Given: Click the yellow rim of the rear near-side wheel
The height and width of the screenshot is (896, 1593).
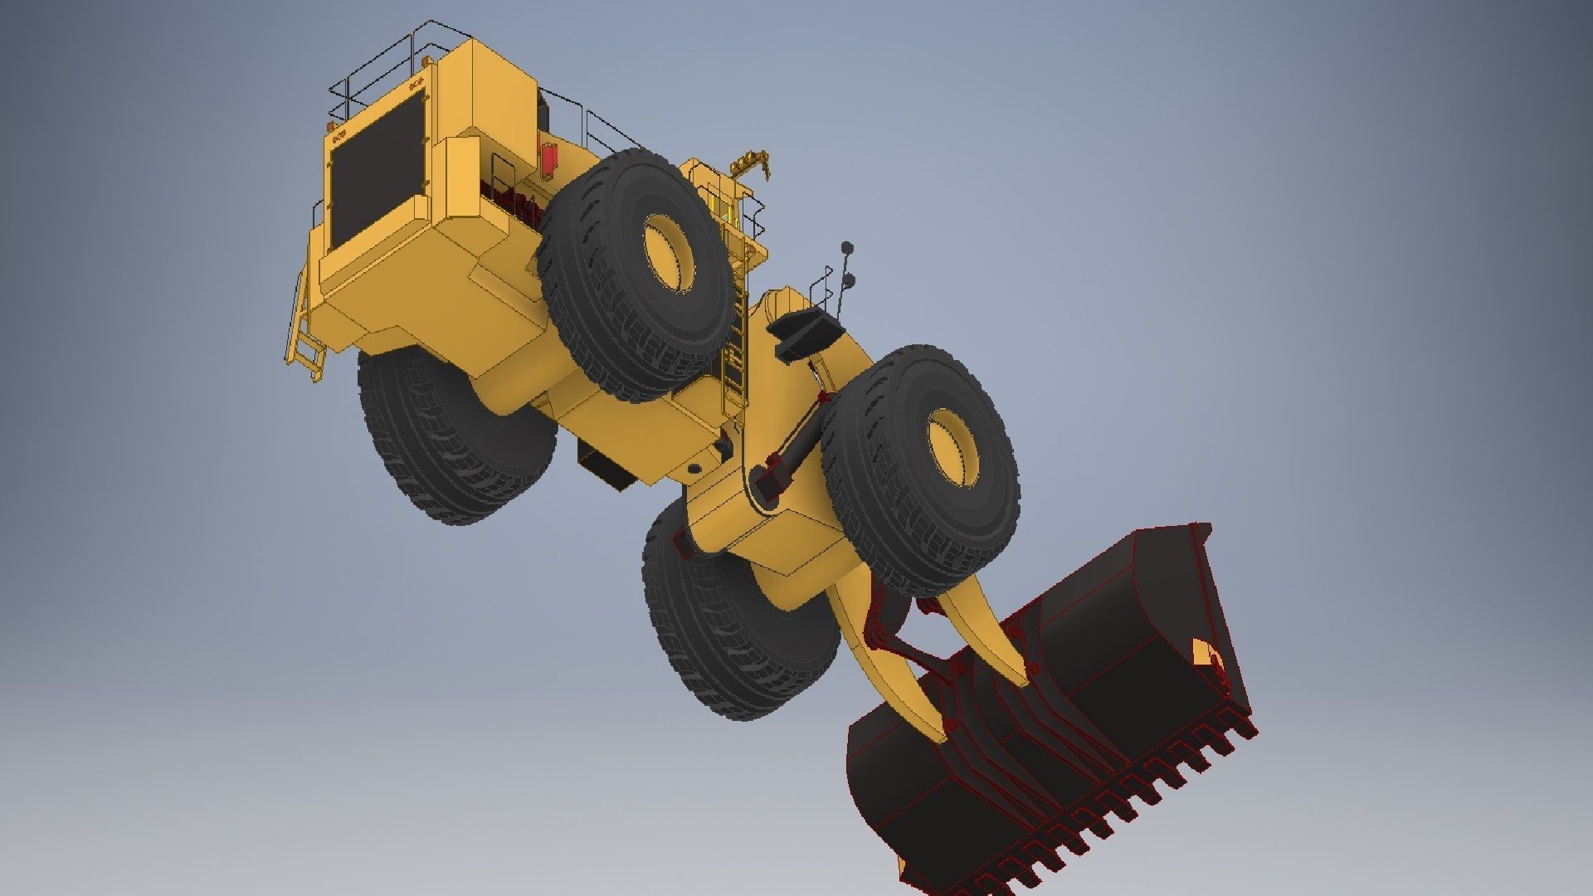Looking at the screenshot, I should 667,253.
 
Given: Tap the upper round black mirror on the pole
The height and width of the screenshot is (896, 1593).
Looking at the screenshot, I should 847,246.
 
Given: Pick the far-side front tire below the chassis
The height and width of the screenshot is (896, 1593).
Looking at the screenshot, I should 730,631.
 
